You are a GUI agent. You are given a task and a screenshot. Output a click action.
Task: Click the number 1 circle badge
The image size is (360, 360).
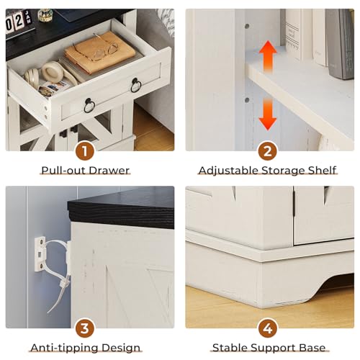pos(85,151)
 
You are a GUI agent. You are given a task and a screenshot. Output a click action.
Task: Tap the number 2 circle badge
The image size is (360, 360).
pos(268,151)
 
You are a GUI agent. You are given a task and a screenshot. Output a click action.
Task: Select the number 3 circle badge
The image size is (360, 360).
pos(85,328)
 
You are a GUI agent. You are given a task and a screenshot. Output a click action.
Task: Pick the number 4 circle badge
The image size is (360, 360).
pos(268,328)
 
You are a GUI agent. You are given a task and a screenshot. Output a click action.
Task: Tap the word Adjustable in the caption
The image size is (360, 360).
pos(229,171)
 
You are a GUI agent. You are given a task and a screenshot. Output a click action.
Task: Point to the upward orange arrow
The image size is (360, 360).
pos(268,57)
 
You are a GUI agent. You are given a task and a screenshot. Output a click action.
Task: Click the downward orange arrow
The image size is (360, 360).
pos(268,114)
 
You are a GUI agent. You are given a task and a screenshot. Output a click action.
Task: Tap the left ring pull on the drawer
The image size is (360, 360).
pos(89,106)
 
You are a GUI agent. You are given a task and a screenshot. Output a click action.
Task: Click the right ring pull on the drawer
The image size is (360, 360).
pos(136,85)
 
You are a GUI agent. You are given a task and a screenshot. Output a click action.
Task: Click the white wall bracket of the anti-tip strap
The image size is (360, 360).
pos(40,254)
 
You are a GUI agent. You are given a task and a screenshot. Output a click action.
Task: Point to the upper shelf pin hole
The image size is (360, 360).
pos(247,26)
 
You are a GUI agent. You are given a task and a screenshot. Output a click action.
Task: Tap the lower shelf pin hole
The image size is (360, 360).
pos(247,100)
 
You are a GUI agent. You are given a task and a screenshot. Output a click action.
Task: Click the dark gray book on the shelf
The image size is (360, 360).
pos(340,44)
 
